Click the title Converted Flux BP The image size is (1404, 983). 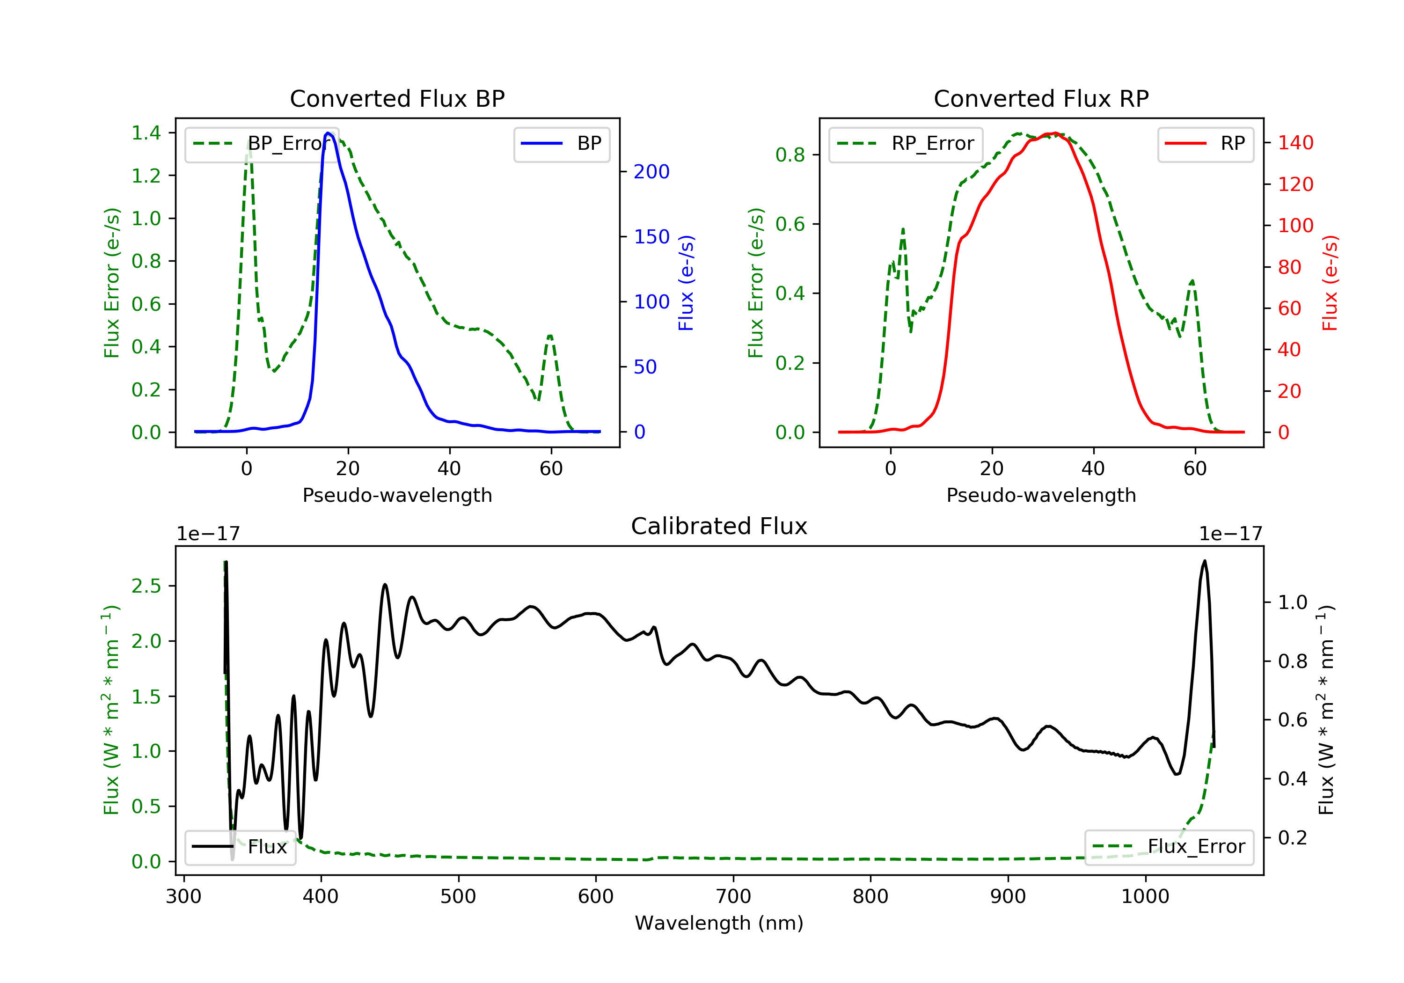(397, 98)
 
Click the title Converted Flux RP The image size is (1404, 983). (1041, 98)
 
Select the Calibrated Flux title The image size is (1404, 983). (719, 526)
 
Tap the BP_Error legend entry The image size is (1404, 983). (262, 144)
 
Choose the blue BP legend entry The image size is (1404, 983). (561, 144)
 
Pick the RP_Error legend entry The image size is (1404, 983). (905, 144)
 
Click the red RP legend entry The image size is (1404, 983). (1205, 144)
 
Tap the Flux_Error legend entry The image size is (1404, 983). (1169, 847)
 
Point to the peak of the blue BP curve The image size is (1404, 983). (329, 133)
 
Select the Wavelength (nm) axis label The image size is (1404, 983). (719, 923)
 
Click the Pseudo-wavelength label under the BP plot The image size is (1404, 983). (397, 495)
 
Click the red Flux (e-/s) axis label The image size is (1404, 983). (1330, 283)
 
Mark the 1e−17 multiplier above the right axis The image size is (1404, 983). (1230, 534)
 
